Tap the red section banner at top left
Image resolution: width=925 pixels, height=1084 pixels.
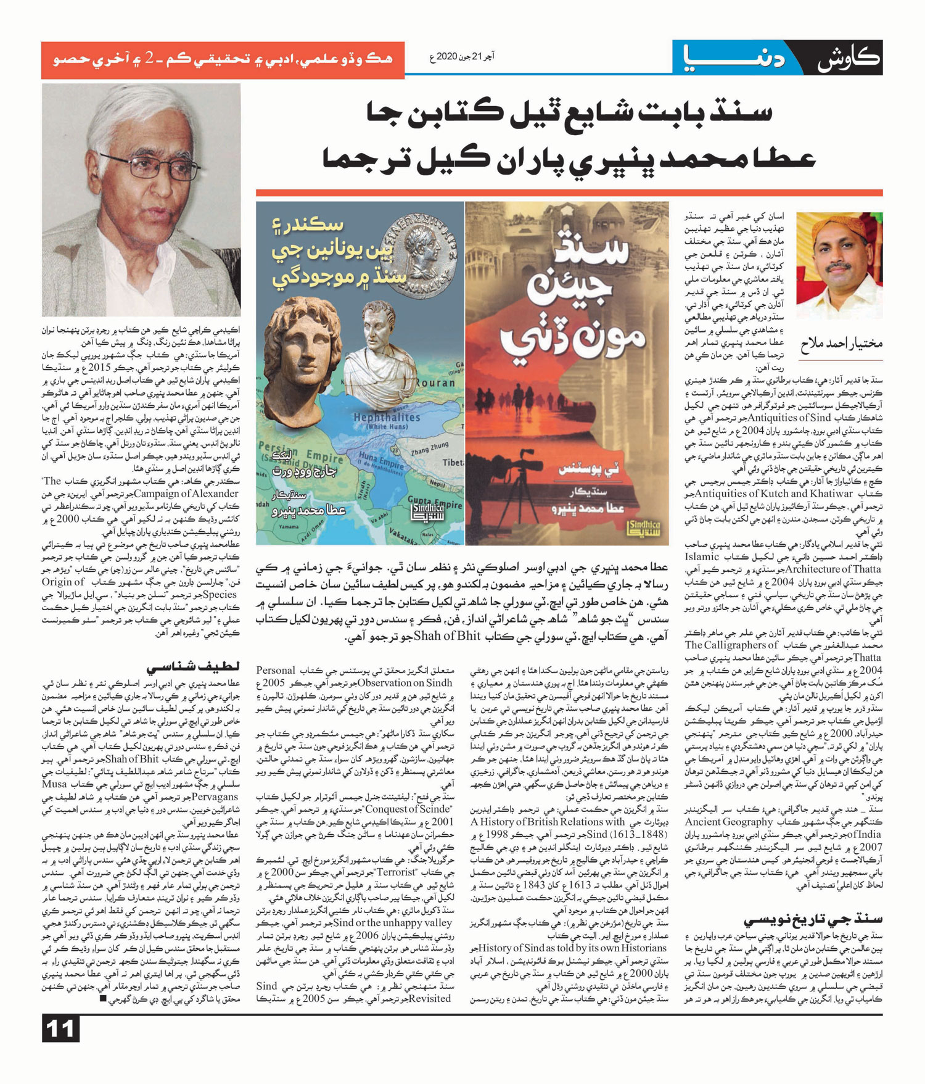[x=222, y=59]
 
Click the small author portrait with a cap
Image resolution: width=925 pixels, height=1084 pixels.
[x=839, y=265]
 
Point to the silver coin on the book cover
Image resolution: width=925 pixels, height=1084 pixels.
[x=421, y=247]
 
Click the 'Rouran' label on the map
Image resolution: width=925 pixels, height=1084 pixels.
[x=435, y=383]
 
